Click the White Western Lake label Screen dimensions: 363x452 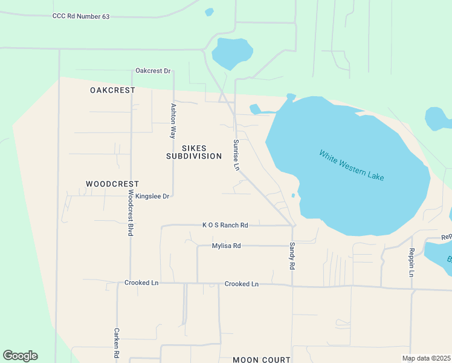tap(352, 165)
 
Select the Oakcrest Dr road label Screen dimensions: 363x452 tap(153, 71)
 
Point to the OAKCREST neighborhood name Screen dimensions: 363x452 tap(112, 90)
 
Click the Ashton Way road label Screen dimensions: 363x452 tap(173, 121)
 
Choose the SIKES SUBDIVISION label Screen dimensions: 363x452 tap(195, 152)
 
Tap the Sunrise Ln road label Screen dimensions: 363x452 tap(236, 155)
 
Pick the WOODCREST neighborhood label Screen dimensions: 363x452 tap(112, 183)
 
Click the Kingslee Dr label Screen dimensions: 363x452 tap(152, 196)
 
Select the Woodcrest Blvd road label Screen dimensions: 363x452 tap(130, 212)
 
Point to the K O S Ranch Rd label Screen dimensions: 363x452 tap(225, 225)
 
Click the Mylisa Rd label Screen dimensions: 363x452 tap(227, 246)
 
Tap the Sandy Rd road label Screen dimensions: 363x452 tap(292, 256)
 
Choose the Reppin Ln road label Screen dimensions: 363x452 tap(411, 262)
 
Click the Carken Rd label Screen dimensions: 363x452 tap(116, 343)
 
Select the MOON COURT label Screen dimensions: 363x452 tap(262, 359)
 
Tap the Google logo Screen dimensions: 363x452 tap(20, 356)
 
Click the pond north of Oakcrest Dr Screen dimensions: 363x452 tap(231, 53)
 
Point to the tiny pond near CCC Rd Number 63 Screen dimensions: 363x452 tap(210, 11)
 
